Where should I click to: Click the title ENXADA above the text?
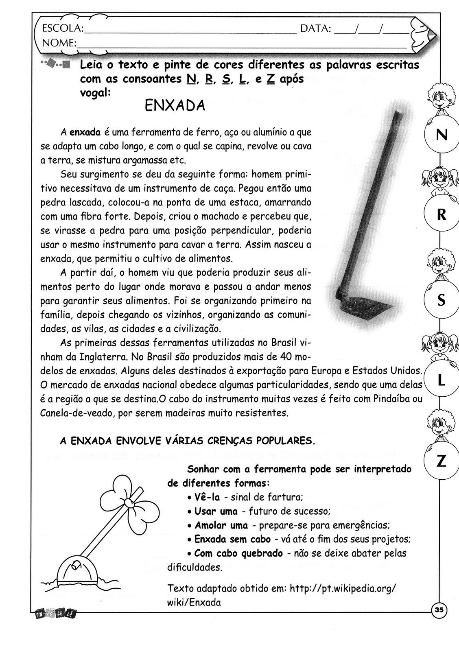(x=175, y=106)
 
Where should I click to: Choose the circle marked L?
(x=441, y=381)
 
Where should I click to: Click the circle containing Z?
(x=441, y=461)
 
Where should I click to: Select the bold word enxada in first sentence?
(x=85, y=132)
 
